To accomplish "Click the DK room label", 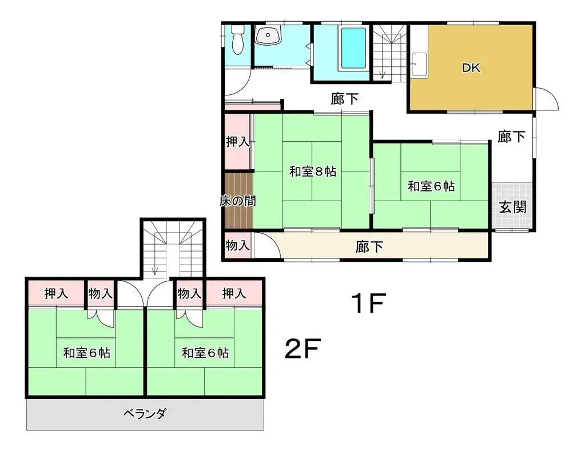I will (x=471, y=68).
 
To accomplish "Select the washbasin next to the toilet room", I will (x=268, y=37).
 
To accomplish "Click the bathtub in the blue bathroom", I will (x=353, y=47).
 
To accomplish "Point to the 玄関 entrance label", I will (x=512, y=207).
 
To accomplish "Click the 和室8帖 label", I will (x=312, y=171).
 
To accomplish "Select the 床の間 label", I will (x=238, y=201).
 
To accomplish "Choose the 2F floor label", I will (x=302, y=349).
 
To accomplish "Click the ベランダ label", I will (x=145, y=414).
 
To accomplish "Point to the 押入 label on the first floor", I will (x=237, y=142).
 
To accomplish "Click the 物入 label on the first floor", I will (x=237, y=246).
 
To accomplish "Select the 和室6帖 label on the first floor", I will (x=431, y=186).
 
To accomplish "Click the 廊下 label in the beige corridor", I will (x=369, y=247).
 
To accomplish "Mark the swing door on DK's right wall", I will (x=546, y=99).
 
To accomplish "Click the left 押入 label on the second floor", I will (x=57, y=294).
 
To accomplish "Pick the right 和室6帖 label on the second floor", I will (x=205, y=353).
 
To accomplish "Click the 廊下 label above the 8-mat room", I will (x=345, y=99).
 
